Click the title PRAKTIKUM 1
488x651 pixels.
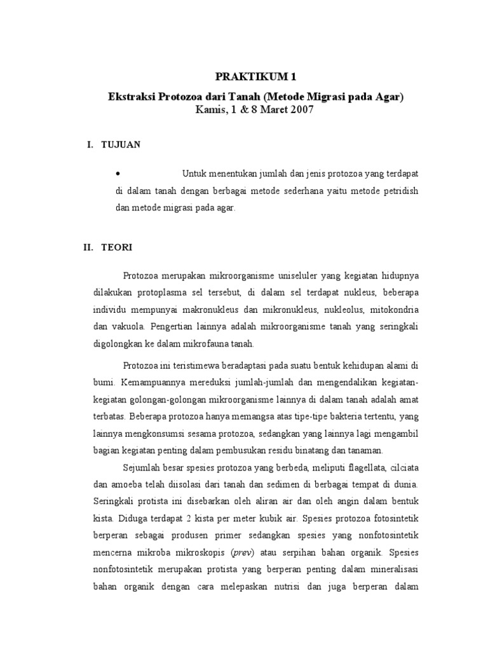tap(256, 77)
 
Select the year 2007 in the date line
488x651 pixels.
tap(301, 109)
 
